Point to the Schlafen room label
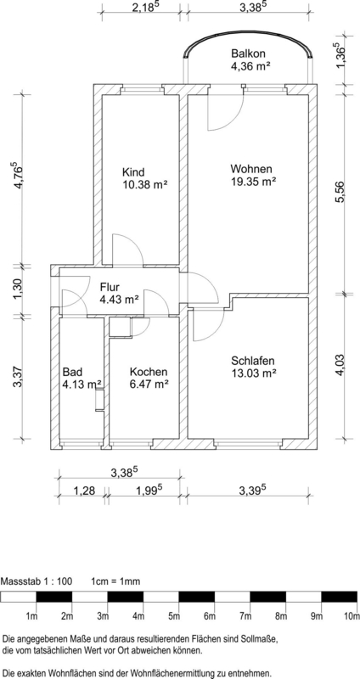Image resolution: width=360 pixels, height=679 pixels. click(x=252, y=359)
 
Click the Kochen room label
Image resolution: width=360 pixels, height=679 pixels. click(x=149, y=372)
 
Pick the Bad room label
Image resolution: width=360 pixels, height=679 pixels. click(x=73, y=372)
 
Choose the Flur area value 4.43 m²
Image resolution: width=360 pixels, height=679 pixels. click(x=119, y=299)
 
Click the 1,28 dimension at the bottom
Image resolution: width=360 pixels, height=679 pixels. click(x=82, y=491)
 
